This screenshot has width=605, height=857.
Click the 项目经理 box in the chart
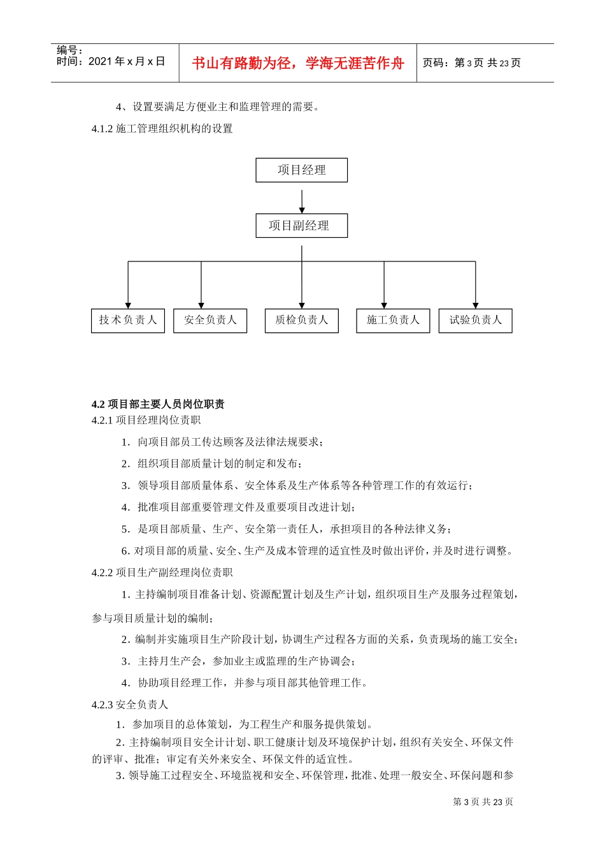coord(301,170)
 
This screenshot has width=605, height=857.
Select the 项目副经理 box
coord(301,226)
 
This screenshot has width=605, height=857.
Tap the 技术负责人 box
coord(128,320)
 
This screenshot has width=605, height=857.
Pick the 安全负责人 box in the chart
coord(210,320)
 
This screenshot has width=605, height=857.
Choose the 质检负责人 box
coord(301,320)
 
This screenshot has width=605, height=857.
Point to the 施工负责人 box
coord(393,320)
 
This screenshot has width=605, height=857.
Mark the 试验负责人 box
coord(475,320)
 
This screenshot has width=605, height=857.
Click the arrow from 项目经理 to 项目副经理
coord(302,201)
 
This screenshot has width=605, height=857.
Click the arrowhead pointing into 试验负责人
coord(475,305)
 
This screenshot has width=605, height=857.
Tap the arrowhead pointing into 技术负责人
coord(128,305)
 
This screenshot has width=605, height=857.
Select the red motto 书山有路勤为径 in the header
coord(298,63)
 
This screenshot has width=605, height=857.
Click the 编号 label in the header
coord(69,50)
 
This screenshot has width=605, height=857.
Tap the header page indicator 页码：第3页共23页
coord(472,63)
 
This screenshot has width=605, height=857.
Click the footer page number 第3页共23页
coord(483,802)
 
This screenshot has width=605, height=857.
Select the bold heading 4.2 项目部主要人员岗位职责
coord(158,404)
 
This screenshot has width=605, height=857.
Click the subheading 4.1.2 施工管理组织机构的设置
coord(162,129)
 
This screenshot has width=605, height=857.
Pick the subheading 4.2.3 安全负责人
coord(130,705)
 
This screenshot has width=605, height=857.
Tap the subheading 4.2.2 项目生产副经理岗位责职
coord(162,573)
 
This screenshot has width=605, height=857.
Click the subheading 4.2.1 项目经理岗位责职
coord(146,420)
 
